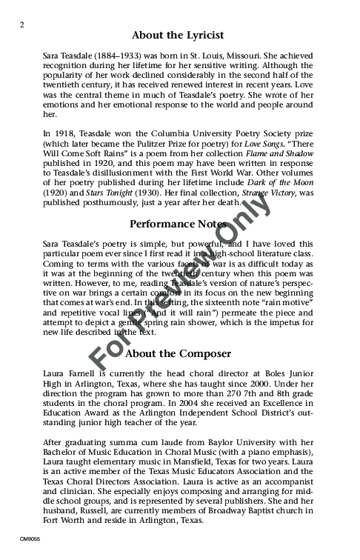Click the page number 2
[x=23, y=24]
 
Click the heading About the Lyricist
[x=178, y=35]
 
